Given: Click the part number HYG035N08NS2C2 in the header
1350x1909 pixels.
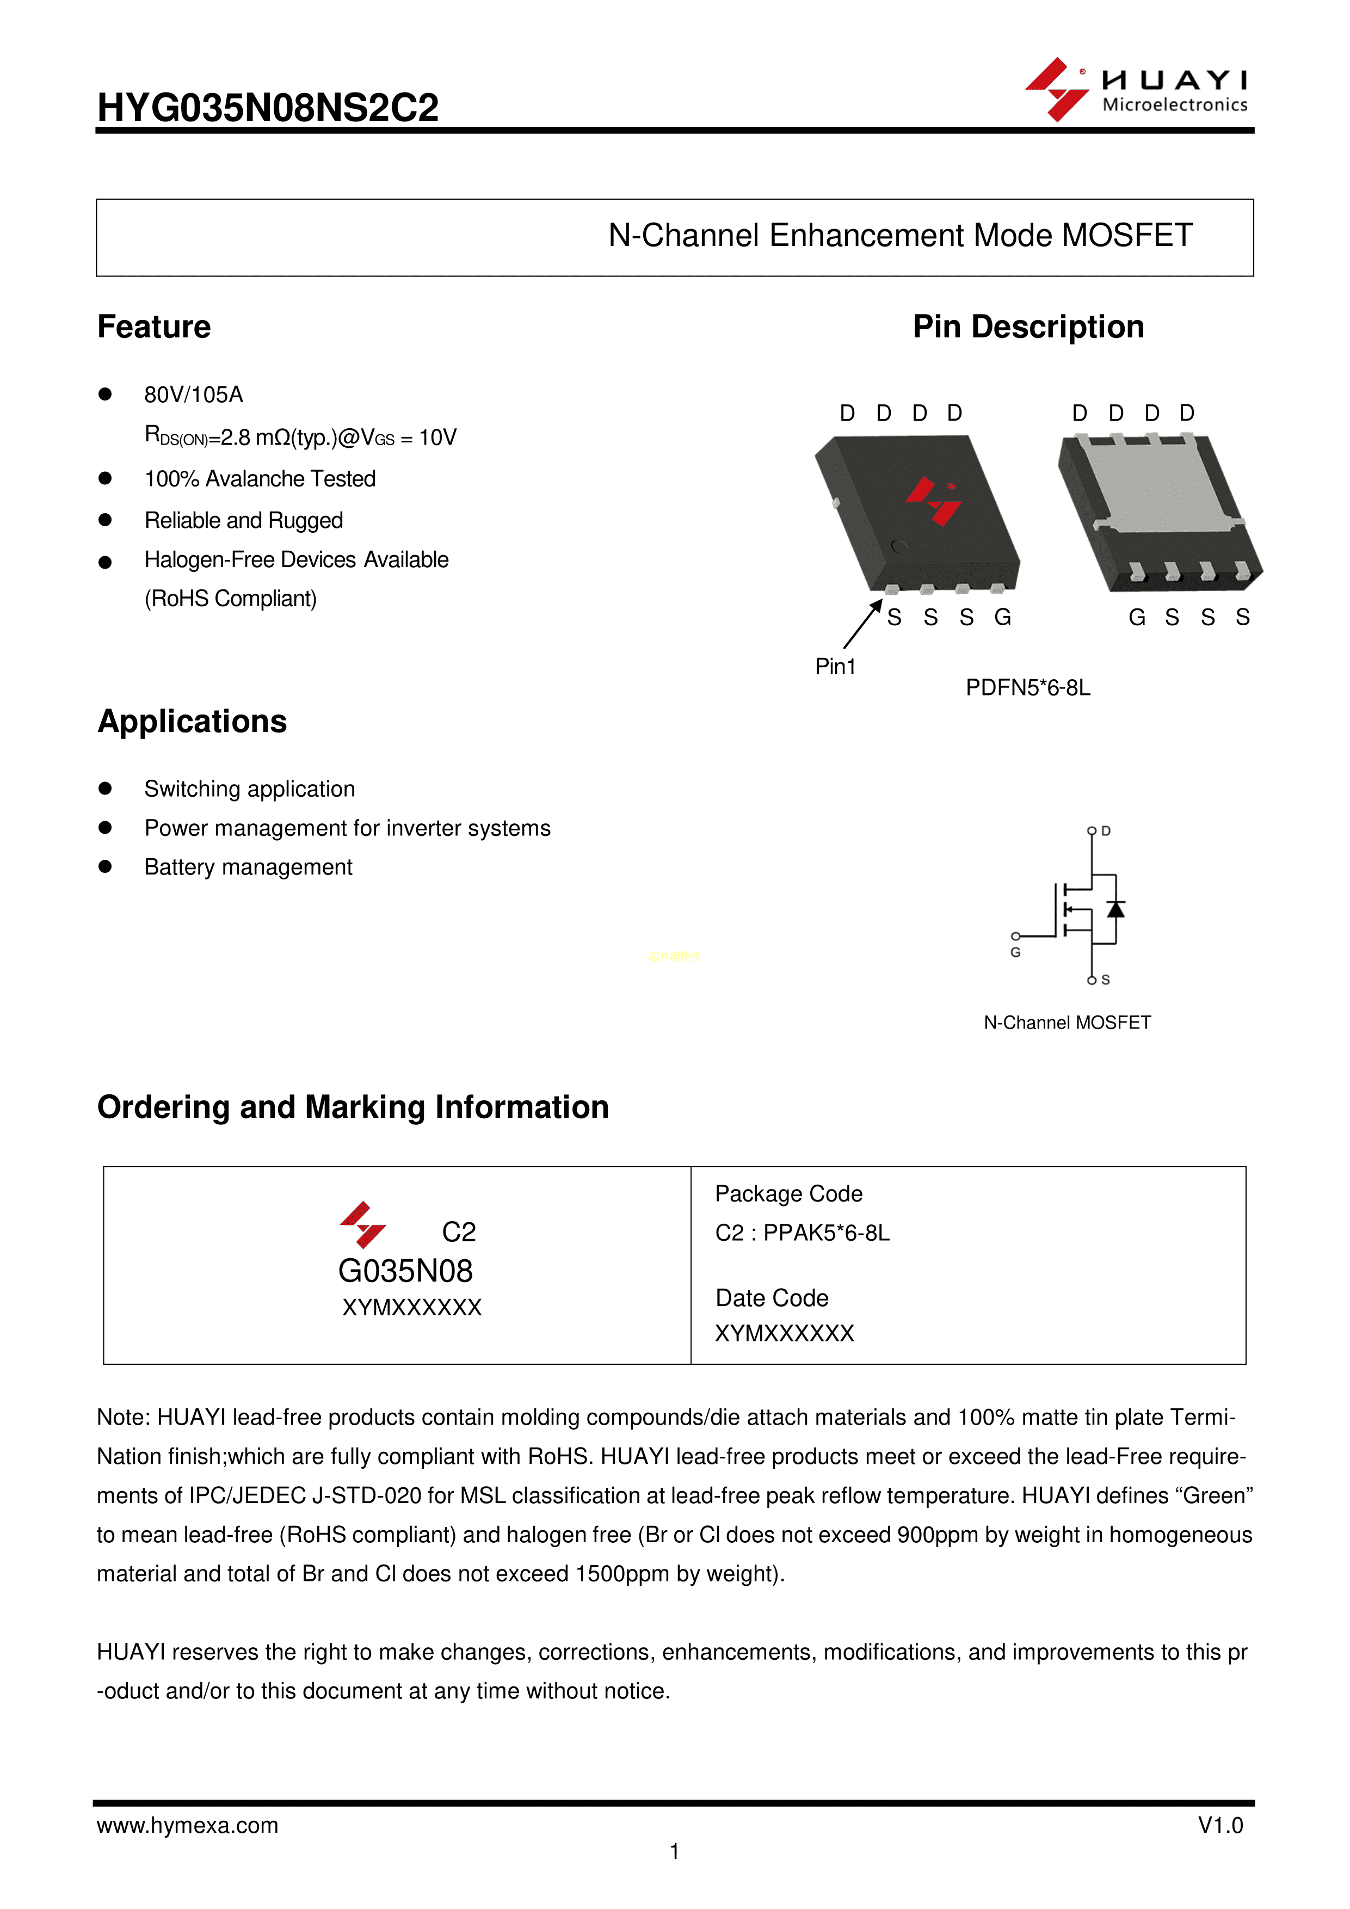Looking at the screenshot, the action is tap(268, 108).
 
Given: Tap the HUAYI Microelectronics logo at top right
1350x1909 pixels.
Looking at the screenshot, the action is tap(1136, 90).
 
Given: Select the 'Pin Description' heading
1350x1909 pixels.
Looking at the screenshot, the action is tap(1028, 327).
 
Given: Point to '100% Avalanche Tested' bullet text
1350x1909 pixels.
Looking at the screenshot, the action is tap(260, 479).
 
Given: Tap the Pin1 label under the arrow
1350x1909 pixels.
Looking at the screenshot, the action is tap(835, 667).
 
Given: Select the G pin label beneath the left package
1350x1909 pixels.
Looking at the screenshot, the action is tap(1002, 617).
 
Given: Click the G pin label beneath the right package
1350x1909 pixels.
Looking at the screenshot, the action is tap(1136, 617).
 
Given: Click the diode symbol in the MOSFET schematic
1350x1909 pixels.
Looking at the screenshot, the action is tap(1115, 909).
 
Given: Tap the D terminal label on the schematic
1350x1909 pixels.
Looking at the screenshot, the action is tap(1106, 830).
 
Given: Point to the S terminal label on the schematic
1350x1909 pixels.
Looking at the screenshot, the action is tap(1106, 980).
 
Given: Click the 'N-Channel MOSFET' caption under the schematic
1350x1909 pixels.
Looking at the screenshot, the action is tap(1068, 1023).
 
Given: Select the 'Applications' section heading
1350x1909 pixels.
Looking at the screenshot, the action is tap(192, 722).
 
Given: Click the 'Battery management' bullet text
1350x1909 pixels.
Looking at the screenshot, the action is tap(249, 867).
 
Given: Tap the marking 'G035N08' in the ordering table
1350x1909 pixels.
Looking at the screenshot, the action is tap(406, 1271).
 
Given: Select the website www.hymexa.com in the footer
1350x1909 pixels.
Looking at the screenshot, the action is tap(188, 1825).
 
